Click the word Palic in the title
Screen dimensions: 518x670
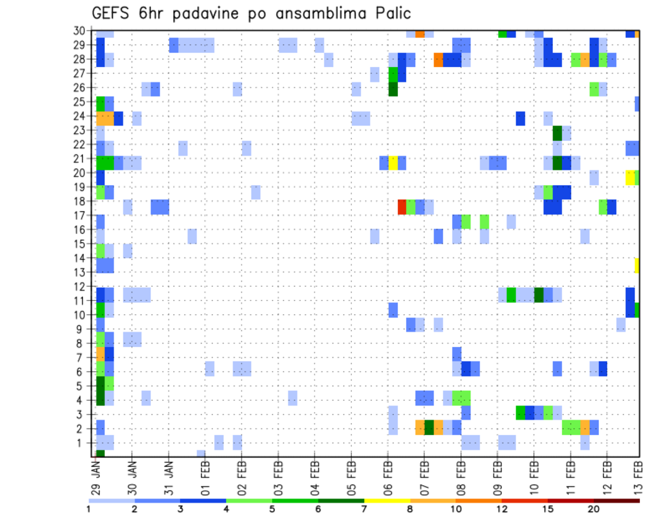click(x=389, y=13)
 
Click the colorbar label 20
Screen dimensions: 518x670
click(x=594, y=509)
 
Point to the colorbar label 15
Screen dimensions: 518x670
click(x=548, y=509)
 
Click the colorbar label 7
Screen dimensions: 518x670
click(x=364, y=509)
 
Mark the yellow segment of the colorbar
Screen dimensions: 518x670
click(x=387, y=501)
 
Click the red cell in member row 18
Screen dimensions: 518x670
click(x=402, y=207)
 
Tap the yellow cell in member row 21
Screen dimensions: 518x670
click(x=393, y=163)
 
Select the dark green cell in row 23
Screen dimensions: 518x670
click(x=557, y=133)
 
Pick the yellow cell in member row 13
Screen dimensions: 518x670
click(x=637, y=265)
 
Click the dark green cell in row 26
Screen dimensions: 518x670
click(x=393, y=89)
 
